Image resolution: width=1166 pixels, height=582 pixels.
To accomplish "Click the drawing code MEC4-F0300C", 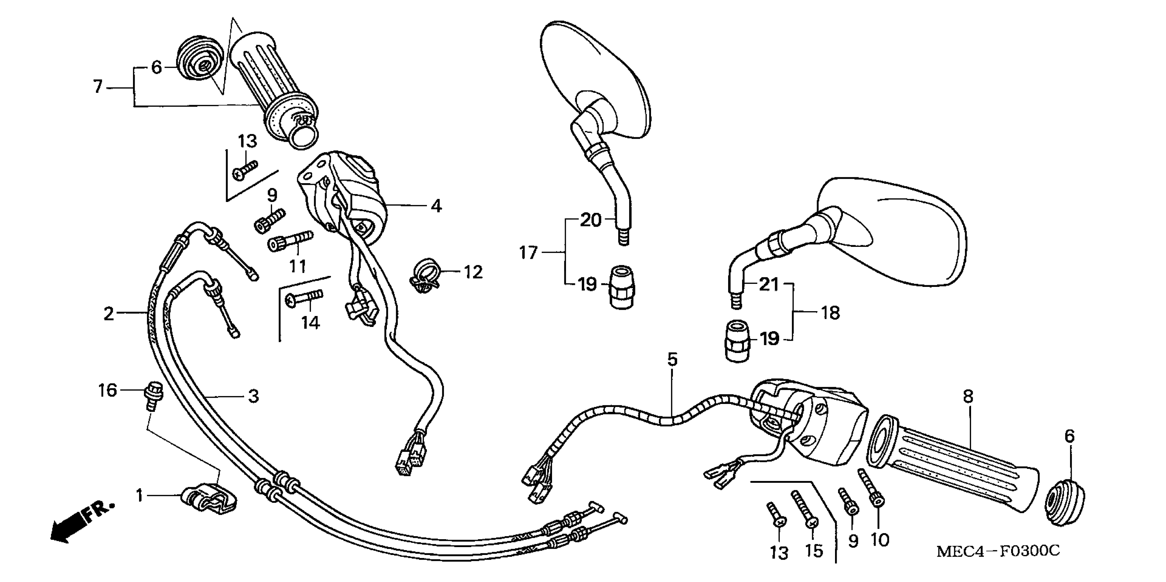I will point(998,551).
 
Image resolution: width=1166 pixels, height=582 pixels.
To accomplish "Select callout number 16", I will point(108,390).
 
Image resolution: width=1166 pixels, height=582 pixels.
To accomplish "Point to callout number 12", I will point(473,272).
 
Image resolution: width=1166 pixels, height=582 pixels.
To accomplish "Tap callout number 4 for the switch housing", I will point(435,206).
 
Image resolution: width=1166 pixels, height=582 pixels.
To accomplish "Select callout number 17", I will point(528,252).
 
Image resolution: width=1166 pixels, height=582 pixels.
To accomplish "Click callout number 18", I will point(831,313).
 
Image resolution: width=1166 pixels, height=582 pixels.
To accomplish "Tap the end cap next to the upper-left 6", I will point(200,59).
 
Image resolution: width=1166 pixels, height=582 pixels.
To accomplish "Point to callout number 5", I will point(672,359).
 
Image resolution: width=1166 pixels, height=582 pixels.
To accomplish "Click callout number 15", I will point(813,551).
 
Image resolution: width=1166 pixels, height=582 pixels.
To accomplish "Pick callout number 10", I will point(880,540).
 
